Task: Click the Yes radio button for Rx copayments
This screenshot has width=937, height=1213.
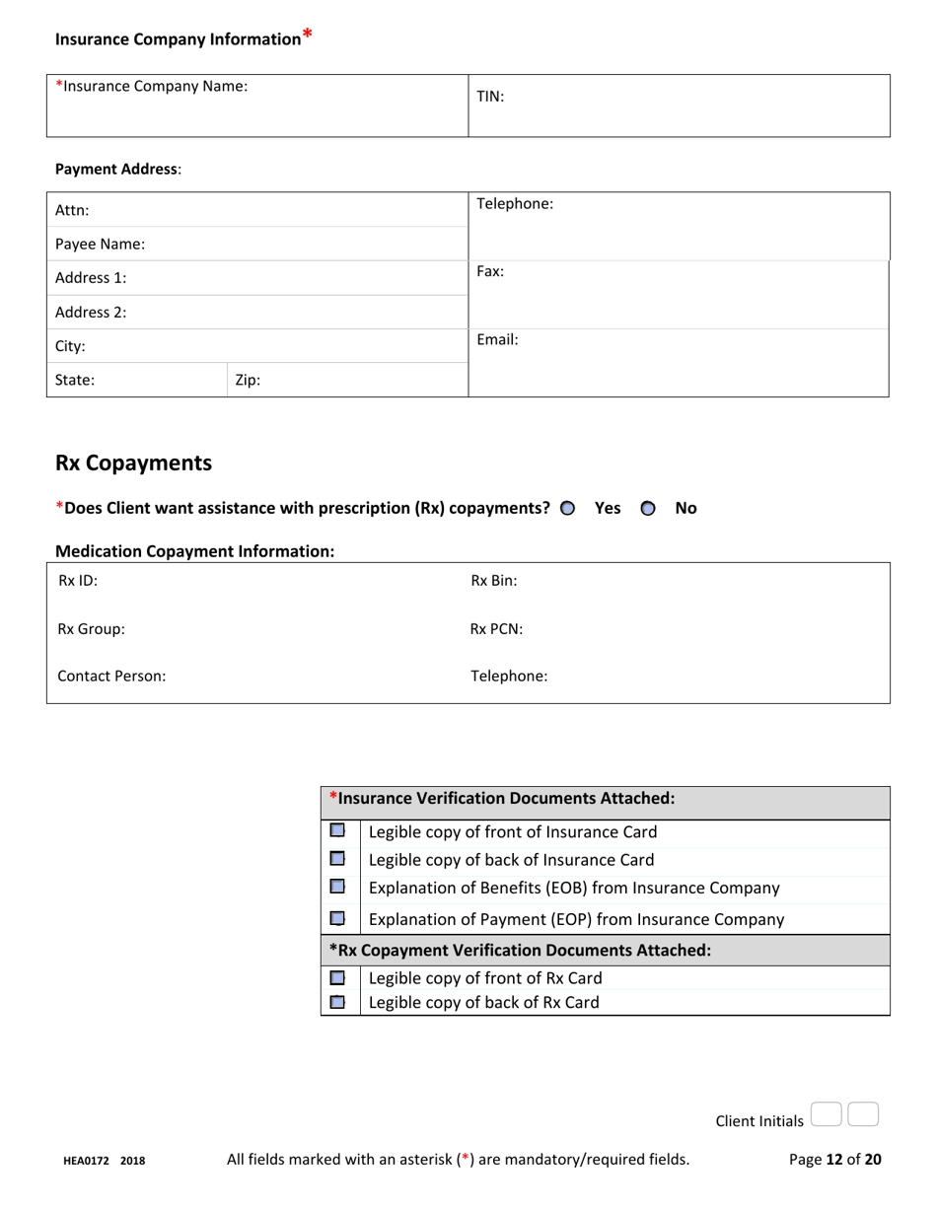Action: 567,509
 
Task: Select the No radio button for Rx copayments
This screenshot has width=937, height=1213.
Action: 647,509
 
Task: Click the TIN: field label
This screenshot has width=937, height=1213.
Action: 490,97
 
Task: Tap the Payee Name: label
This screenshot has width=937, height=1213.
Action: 100,244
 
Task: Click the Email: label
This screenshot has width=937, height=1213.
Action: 497,340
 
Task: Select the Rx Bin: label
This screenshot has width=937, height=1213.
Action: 493,582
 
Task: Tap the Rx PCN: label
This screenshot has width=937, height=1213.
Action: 496,629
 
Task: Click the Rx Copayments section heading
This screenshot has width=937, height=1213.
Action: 133,463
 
